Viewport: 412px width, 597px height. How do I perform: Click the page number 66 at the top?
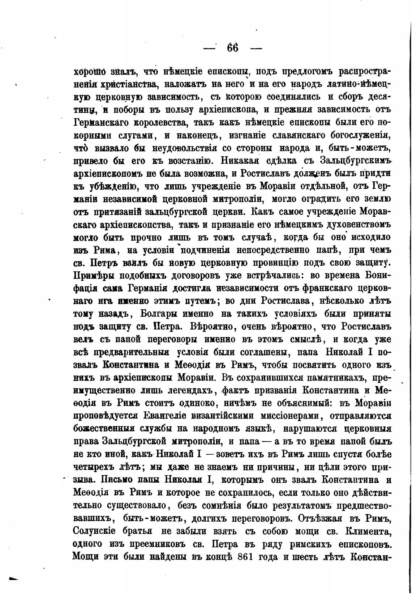pos(233,48)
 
